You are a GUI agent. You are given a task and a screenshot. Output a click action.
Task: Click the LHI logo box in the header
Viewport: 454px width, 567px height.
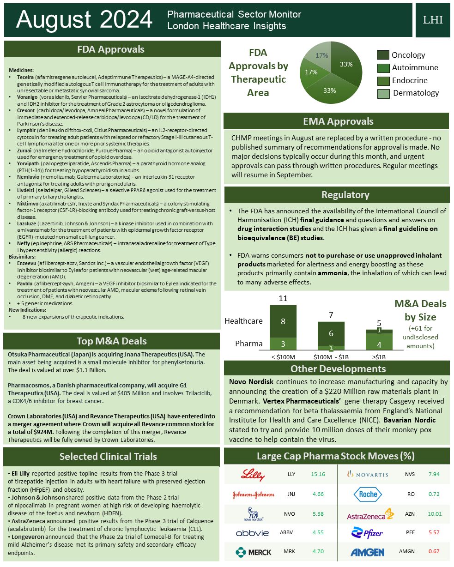[432, 20]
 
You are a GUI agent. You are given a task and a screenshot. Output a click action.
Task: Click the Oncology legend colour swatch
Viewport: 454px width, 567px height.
[383, 55]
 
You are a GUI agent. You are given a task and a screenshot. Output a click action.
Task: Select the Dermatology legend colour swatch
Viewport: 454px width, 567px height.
[383, 93]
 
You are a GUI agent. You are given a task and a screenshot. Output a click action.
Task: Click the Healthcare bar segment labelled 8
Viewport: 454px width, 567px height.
[283, 321]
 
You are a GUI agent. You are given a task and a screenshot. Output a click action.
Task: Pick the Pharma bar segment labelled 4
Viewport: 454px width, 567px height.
[379, 344]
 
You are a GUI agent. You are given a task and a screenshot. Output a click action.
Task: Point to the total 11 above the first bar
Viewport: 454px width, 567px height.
[283, 299]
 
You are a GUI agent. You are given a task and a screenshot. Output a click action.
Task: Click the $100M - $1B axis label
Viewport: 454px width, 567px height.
[331, 357]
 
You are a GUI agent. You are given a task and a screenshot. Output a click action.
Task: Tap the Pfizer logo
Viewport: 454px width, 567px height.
[367, 532]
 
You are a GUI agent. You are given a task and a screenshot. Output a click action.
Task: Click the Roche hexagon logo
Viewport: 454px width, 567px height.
[368, 494]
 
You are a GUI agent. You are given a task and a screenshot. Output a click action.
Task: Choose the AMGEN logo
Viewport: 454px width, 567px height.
[367, 552]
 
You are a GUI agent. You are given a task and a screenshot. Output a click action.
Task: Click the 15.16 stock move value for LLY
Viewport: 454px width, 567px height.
[318, 474]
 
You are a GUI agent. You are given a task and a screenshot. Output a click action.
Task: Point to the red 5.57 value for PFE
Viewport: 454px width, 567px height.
[434, 532]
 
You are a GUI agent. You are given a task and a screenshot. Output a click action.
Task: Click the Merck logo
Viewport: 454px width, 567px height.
[253, 552]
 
